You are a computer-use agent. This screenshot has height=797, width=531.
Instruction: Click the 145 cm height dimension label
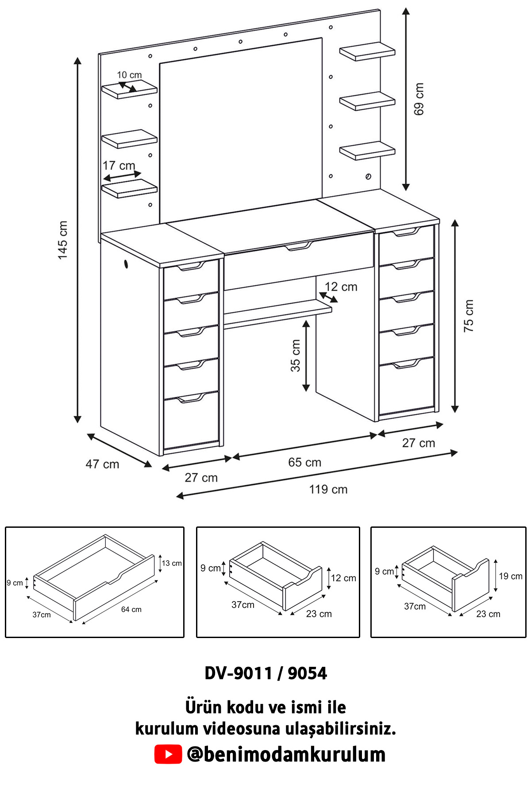[x=63, y=240]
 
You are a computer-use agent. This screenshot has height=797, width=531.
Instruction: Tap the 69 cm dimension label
[x=419, y=99]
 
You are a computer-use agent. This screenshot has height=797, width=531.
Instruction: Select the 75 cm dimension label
[x=469, y=316]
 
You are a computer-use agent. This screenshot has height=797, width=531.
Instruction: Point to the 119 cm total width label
[x=328, y=489]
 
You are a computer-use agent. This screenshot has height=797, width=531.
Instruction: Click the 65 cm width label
[x=304, y=462]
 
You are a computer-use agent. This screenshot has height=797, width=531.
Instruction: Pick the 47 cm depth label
[x=102, y=464]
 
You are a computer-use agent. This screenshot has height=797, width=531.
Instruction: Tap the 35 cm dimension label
[x=295, y=356]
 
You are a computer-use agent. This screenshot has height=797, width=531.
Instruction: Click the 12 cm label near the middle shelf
[x=341, y=286]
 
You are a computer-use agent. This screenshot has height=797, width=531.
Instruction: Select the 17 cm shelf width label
[x=119, y=166]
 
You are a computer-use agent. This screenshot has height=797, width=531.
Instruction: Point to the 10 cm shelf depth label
[x=129, y=75]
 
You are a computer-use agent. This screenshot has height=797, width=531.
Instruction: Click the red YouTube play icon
[x=168, y=754]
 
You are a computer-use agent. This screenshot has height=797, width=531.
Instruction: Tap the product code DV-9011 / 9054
[x=265, y=673]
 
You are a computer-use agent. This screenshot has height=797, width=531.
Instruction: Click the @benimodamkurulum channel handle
[x=286, y=754]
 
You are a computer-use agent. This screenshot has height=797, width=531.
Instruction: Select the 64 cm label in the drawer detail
[x=131, y=609]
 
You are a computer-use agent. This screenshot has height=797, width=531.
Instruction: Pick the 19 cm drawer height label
[x=511, y=576]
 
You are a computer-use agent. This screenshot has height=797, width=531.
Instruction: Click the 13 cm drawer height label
[x=172, y=563]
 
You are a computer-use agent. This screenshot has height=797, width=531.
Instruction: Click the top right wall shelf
[x=367, y=51]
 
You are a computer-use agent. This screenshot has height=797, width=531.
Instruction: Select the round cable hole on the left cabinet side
[x=126, y=264]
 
